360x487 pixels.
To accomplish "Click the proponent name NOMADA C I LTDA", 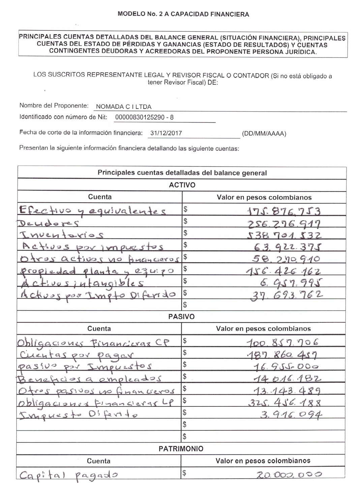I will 123,107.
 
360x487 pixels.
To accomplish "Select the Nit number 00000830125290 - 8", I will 144,118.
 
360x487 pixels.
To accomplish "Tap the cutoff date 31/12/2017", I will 166,133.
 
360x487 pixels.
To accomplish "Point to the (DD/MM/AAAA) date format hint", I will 264,134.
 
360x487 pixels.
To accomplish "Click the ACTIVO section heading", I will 182,185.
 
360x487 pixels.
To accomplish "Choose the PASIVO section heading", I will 181,317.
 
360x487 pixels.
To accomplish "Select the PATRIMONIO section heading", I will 181,449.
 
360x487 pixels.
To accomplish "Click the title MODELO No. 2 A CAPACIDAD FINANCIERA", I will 183,14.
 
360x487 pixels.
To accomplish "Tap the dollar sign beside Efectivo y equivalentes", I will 185,209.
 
